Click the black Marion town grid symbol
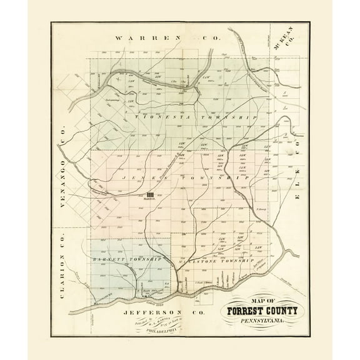(150, 195)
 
